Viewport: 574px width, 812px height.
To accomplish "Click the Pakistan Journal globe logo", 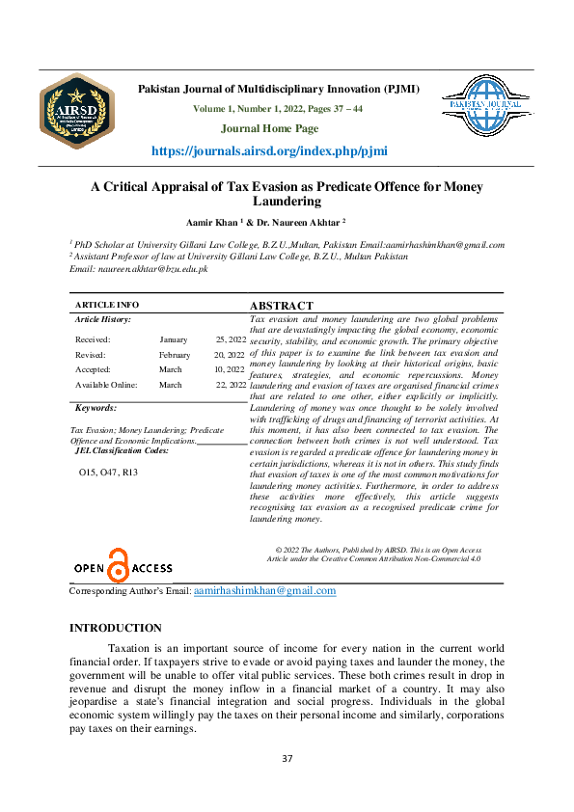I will [488, 106].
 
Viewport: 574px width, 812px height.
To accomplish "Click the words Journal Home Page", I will [269, 128].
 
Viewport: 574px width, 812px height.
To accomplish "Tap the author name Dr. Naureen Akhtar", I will [313, 221].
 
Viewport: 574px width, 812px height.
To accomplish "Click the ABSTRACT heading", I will [281, 306].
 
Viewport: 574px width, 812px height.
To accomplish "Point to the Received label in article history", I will [93, 339].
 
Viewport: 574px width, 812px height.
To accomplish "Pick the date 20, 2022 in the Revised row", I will [230, 354].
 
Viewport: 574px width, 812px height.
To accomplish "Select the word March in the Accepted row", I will [170, 369].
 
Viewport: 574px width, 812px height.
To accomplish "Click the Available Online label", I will [106, 385].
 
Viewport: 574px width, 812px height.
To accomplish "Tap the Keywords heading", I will [96, 408].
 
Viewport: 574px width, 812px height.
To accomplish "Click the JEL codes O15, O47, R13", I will [108, 473].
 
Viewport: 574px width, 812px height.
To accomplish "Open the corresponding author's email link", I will [264, 590].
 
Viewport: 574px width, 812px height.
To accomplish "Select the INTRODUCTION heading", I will [116, 628].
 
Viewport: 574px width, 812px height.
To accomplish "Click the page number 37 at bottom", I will [287, 758].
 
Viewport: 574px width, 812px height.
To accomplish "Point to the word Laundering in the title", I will [287, 202].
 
